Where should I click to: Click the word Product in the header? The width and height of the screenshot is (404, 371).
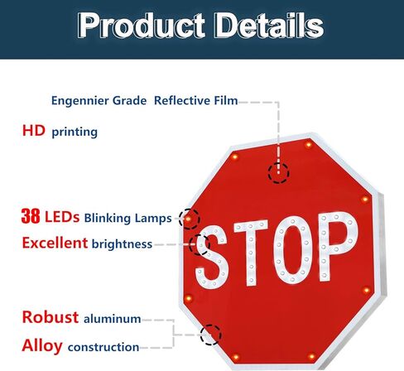click(141, 26)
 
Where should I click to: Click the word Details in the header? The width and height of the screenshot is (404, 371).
click(269, 26)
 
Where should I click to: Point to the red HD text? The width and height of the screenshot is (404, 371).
click(34, 130)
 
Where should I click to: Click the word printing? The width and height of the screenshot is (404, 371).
click(75, 132)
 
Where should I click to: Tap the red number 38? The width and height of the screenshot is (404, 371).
click(31, 216)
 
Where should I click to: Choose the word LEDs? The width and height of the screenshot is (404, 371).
click(62, 217)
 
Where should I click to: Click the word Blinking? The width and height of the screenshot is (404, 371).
click(108, 218)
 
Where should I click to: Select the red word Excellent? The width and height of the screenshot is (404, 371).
click(55, 243)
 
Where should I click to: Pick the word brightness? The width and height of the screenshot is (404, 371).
click(122, 244)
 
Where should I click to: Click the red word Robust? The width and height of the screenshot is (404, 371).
click(50, 317)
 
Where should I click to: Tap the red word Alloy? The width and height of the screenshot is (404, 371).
click(42, 346)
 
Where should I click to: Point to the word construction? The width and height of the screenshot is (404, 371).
click(103, 347)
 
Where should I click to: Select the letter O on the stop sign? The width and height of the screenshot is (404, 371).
click(292, 250)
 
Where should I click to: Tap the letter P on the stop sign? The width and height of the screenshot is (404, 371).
click(338, 246)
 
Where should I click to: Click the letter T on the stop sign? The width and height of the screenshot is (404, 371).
click(251, 253)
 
